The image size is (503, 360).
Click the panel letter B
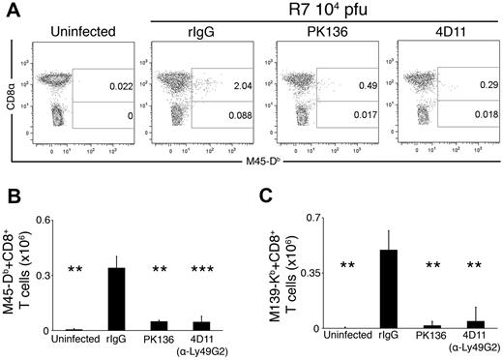11,198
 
